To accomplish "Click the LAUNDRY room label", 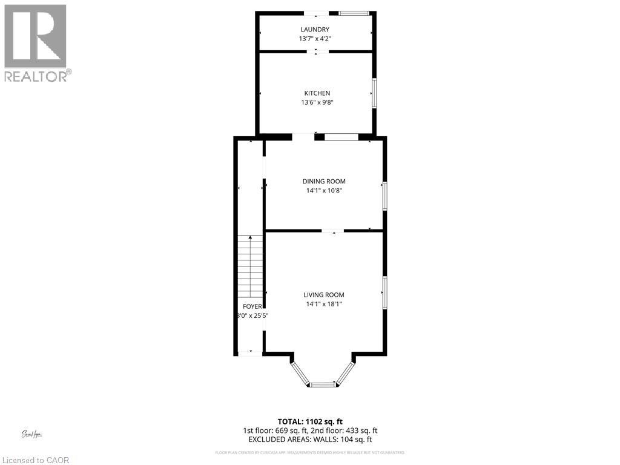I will [x=315, y=30].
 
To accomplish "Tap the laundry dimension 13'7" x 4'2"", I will [x=315, y=39].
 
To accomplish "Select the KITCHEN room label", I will [x=317, y=93].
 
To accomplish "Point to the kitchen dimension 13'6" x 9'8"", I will [x=317, y=102].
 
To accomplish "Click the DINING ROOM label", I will [x=324, y=181].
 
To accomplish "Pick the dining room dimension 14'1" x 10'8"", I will [x=324, y=191].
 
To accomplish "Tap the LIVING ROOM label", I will [x=324, y=295].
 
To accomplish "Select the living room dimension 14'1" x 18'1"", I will [x=324, y=305].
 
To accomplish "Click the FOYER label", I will [x=252, y=306].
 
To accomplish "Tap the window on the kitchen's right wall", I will [x=374, y=93].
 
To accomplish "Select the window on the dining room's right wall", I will [x=384, y=196].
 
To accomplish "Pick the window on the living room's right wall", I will [x=384, y=293].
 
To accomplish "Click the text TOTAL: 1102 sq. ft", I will [x=309, y=421].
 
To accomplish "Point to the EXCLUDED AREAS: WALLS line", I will [x=309, y=440].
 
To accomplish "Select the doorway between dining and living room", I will [x=332, y=231].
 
